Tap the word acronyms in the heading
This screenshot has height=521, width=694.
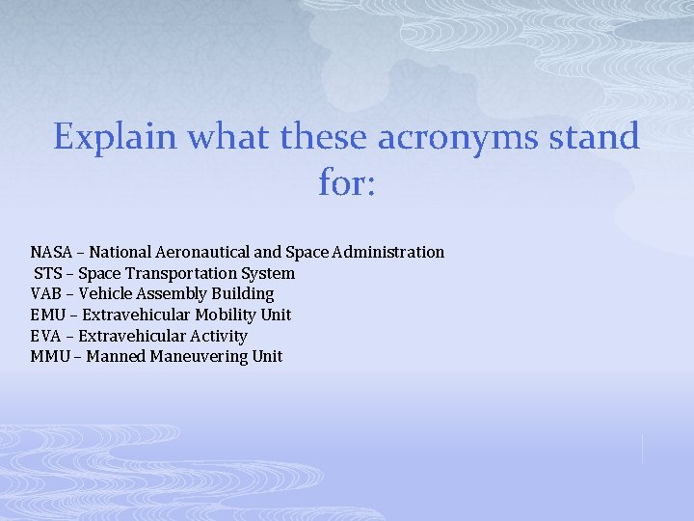[443, 137]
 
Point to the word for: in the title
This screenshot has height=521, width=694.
[346, 181]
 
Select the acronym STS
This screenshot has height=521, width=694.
[49, 273]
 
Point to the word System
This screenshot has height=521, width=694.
[269, 273]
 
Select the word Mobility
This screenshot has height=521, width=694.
[224, 315]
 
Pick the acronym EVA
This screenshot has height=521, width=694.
[47, 336]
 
